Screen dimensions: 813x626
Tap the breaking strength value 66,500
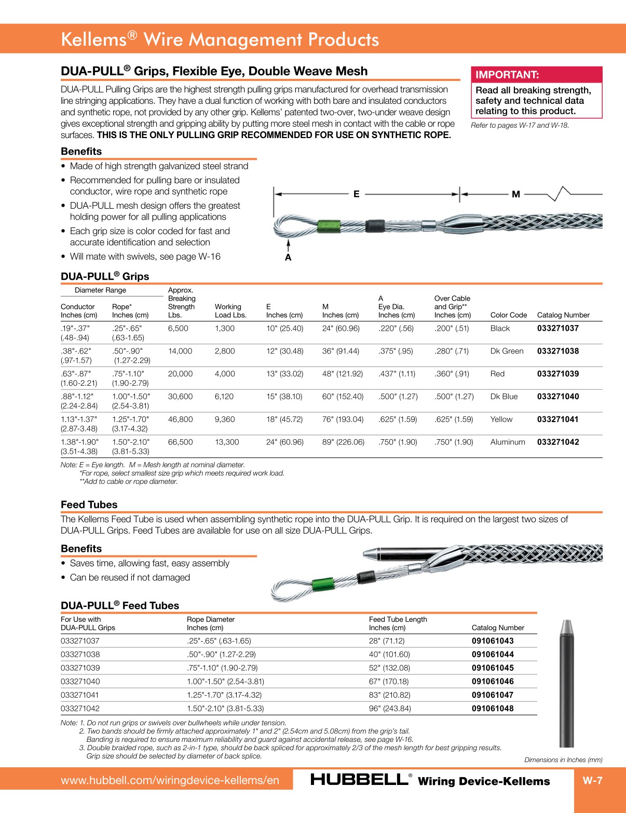(180, 442)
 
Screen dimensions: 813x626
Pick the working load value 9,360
(225, 419)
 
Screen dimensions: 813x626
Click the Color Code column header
(508, 315)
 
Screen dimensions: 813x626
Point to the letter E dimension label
(356, 194)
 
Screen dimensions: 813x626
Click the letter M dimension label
(515, 194)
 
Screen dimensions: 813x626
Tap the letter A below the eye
(288, 258)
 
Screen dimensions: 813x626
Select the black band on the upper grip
(375, 225)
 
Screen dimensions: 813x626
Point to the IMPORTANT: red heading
(507, 75)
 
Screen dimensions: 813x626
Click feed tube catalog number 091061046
(492, 682)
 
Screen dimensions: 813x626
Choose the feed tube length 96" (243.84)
(390, 709)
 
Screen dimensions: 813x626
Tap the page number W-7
(592, 780)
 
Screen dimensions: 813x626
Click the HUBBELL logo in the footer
(359, 780)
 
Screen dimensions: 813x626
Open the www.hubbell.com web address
(170, 780)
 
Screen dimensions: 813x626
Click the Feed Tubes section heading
(89, 505)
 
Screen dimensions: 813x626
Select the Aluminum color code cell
(507, 442)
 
